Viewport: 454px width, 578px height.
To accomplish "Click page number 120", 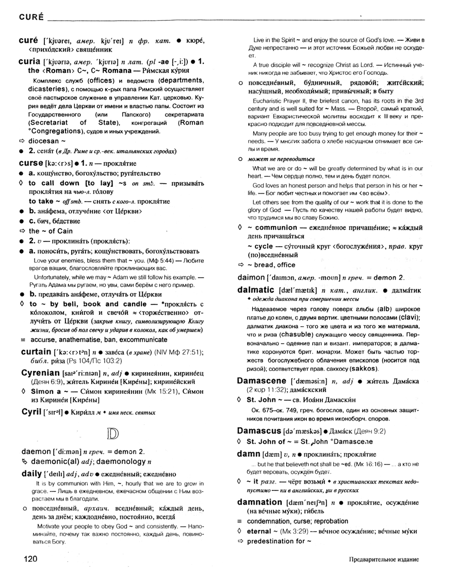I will click(30, 559).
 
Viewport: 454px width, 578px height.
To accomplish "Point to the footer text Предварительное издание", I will click(383, 559).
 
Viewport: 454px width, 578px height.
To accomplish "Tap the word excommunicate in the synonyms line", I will click(139, 340).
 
